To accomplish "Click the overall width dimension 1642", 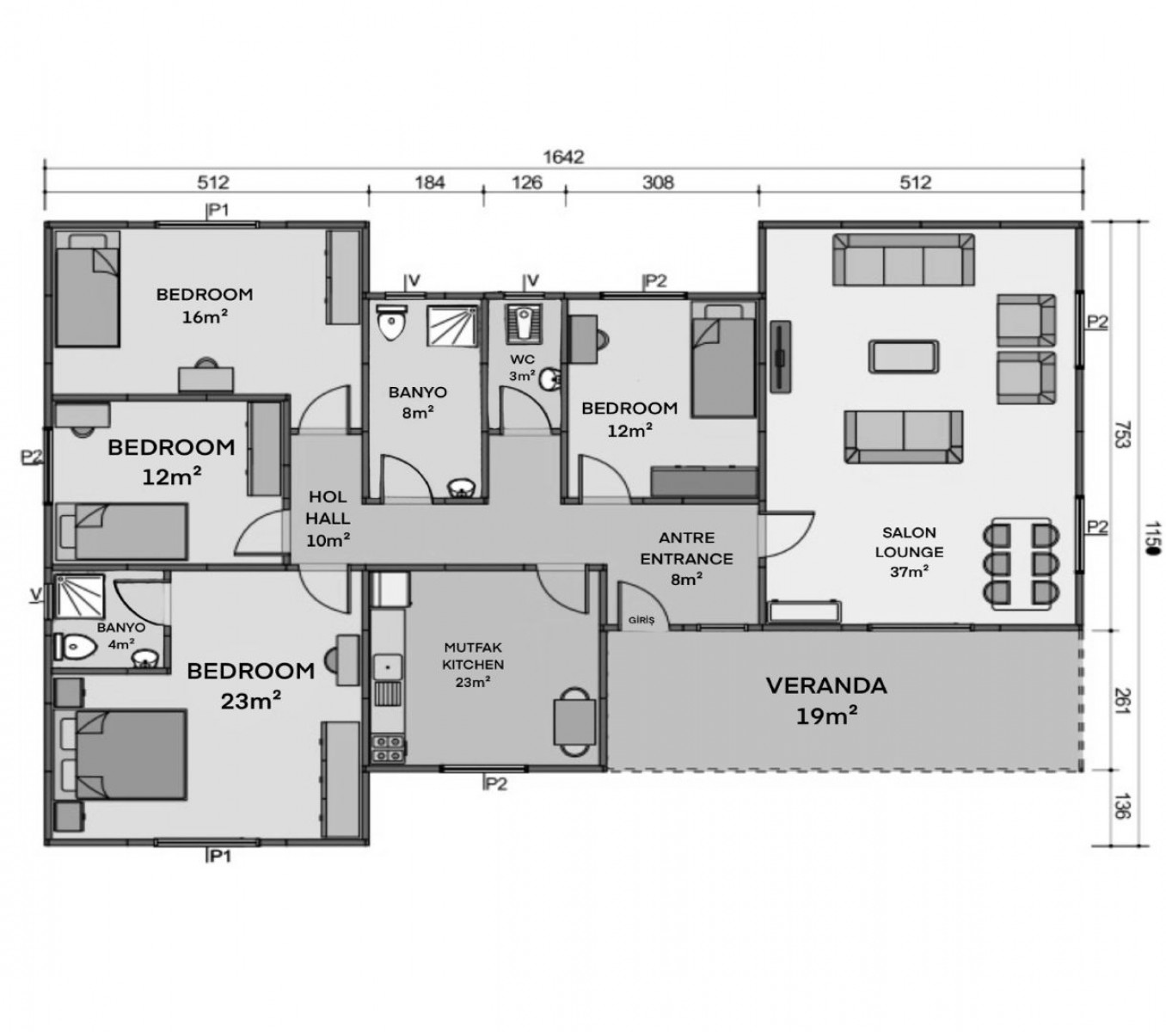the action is pos(563,157).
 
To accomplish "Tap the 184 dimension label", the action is pos(429,182).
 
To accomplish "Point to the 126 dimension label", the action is pos(526,182).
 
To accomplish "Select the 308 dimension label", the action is pos(657,182).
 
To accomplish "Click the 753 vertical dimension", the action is pos(1122,434).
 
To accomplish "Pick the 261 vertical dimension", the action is pos(1122,701).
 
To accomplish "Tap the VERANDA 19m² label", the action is pos(825,700).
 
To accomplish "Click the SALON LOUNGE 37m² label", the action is pos(908,551).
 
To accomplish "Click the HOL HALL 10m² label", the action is pos(328,518).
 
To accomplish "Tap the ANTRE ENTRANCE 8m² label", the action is pos(686,558).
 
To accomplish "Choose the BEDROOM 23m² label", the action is pos(250,685).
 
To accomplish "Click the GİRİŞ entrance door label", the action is pos(641,620).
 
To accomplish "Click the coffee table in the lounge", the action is pos(903,357).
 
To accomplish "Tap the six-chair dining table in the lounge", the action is pos(1020,563).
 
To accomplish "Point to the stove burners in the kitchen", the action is pos(387,748).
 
